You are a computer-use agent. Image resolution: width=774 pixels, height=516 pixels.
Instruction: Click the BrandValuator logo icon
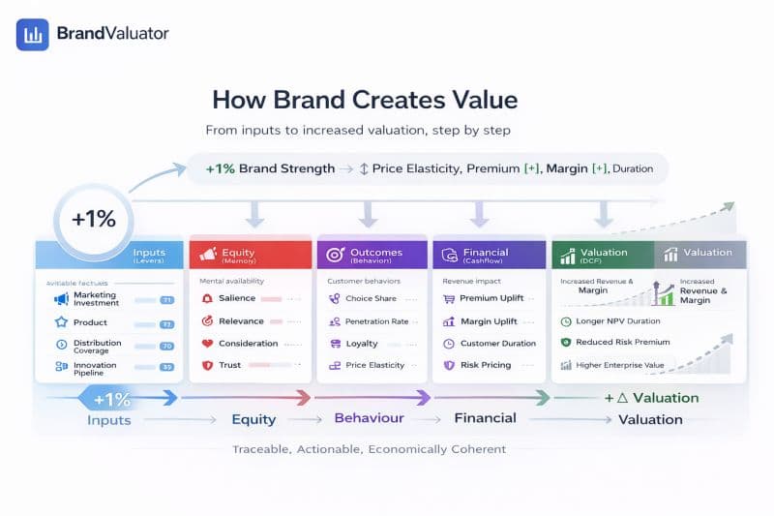(x=32, y=34)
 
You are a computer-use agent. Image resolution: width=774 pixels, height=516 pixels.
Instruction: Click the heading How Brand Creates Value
(x=365, y=100)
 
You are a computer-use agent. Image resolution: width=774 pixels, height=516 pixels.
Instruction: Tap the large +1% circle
(x=94, y=219)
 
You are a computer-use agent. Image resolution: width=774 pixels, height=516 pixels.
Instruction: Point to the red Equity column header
(x=251, y=255)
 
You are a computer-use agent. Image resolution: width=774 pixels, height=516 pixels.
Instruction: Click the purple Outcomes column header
(x=372, y=255)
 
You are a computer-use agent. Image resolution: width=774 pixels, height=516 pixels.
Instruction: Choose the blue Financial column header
(x=489, y=255)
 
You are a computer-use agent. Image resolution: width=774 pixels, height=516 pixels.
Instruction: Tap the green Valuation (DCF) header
(x=603, y=255)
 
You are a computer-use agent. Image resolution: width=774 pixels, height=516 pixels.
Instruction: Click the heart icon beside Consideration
(x=207, y=344)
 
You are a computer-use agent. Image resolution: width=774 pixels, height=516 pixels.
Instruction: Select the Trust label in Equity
(x=230, y=366)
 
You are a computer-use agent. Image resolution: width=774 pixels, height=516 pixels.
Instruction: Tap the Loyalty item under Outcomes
(x=362, y=344)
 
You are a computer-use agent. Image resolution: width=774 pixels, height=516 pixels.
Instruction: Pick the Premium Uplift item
(x=491, y=299)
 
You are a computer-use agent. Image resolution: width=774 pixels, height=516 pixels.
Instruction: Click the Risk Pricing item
(x=483, y=366)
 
